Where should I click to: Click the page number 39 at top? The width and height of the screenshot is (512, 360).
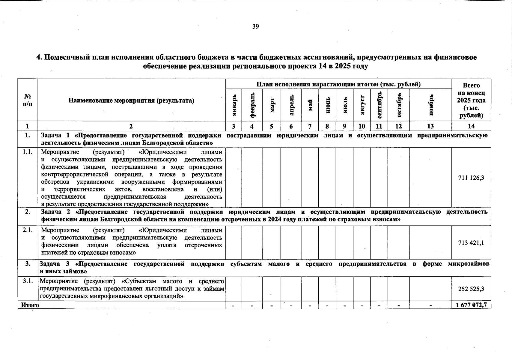point(255,27)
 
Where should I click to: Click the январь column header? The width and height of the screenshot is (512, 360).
point(235,105)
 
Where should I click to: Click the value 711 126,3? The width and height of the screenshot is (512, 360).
point(471,178)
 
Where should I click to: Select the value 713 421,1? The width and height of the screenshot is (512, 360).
point(471,243)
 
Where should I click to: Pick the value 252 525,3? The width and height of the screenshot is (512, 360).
point(471,289)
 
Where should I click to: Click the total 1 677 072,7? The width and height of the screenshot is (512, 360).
point(471,305)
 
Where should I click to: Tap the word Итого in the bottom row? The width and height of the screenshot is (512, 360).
point(30,305)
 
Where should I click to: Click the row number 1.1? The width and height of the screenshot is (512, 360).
point(28,152)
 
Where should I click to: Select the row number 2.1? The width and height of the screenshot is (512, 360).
point(28,230)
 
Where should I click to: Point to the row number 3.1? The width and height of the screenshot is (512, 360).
point(28,281)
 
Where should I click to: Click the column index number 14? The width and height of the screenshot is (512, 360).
point(471,126)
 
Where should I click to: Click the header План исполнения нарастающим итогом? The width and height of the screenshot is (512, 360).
point(338,84)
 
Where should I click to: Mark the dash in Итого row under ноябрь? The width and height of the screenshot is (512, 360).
point(431,306)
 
